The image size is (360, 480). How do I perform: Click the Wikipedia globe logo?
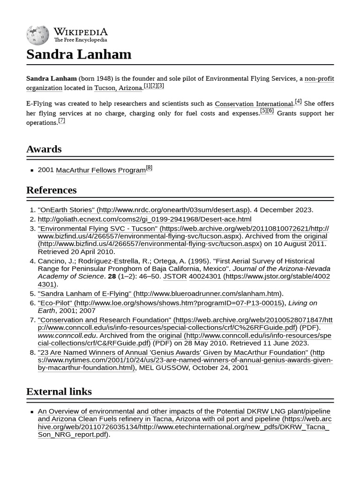[x=38, y=35]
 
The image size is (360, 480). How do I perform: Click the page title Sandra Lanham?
[x=79, y=54]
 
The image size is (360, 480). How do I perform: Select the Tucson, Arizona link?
[x=118, y=88]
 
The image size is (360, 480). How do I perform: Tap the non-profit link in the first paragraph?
[x=319, y=79]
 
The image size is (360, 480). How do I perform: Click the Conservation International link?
[x=254, y=104]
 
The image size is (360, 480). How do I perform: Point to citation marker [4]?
[x=298, y=101]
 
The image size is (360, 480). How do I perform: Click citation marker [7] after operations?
[x=61, y=120]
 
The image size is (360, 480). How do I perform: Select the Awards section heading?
[x=44, y=149]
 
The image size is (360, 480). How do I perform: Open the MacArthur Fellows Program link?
[x=101, y=170]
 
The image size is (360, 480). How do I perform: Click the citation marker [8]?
[x=149, y=168]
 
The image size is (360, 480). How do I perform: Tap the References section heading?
[x=52, y=190]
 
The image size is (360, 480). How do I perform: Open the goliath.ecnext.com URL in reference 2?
[x=144, y=219]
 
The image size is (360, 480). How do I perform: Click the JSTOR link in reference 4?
[x=175, y=277]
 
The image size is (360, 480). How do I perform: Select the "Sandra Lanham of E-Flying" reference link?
[x=84, y=293]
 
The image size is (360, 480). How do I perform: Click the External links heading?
[x=59, y=391]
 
